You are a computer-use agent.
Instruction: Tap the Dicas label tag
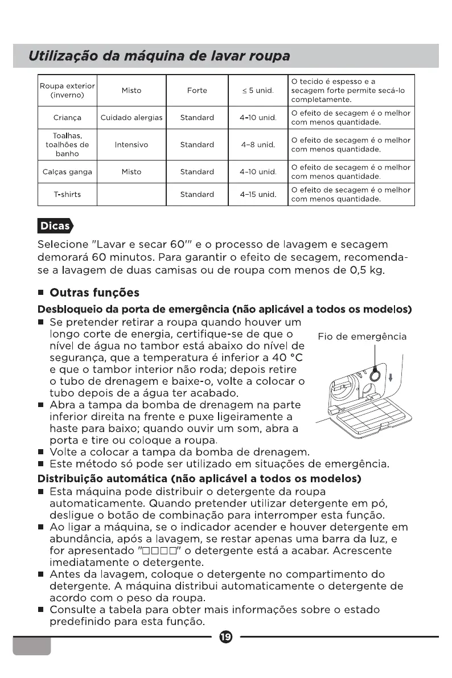[x=55, y=226]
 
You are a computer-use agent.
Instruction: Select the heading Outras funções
[x=94, y=293]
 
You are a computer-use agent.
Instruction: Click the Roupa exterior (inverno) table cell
[x=67, y=90]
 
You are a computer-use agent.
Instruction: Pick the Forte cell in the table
[x=197, y=90]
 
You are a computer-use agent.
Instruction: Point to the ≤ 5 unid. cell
[x=258, y=90]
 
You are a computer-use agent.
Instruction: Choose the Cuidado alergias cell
[x=132, y=118]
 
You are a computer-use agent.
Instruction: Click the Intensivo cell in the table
[x=132, y=145]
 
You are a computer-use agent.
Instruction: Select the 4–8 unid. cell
[x=258, y=145]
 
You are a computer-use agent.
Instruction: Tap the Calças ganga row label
[x=67, y=171]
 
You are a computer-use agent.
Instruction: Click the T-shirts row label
[x=67, y=194]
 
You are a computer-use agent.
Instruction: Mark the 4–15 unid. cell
[x=258, y=194]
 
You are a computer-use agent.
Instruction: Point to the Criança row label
[x=67, y=118]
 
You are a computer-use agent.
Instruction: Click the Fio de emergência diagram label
[x=362, y=336]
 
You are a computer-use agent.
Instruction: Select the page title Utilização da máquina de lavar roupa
[x=160, y=56]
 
